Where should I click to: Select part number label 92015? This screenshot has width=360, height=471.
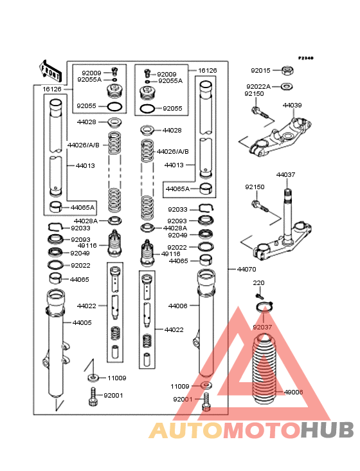coord(260,71)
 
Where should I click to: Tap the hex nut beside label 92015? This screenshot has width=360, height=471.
coord(287,71)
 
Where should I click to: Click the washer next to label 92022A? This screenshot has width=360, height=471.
coord(287,87)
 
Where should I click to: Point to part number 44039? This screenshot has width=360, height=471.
coord(292,105)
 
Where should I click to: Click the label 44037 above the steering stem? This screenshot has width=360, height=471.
coord(285,174)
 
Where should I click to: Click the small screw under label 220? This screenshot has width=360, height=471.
coord(260,296)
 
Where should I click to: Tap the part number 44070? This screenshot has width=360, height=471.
coord(247,270)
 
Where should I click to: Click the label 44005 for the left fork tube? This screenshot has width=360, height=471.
coord(82,322)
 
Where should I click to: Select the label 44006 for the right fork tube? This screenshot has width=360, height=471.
coord(177,306)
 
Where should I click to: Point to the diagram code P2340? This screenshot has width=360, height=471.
coord(306,58)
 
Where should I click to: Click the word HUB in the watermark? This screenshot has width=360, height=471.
coord(327,430)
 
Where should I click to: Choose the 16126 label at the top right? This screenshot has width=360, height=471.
coord(207,71)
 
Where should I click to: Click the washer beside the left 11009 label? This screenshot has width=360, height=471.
coord(93,377)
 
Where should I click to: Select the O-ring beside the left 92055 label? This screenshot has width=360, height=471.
coord(114,106)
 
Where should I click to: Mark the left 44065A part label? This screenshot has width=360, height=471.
coord(82,208)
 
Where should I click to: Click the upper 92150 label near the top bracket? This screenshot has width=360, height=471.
coord(254,94)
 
